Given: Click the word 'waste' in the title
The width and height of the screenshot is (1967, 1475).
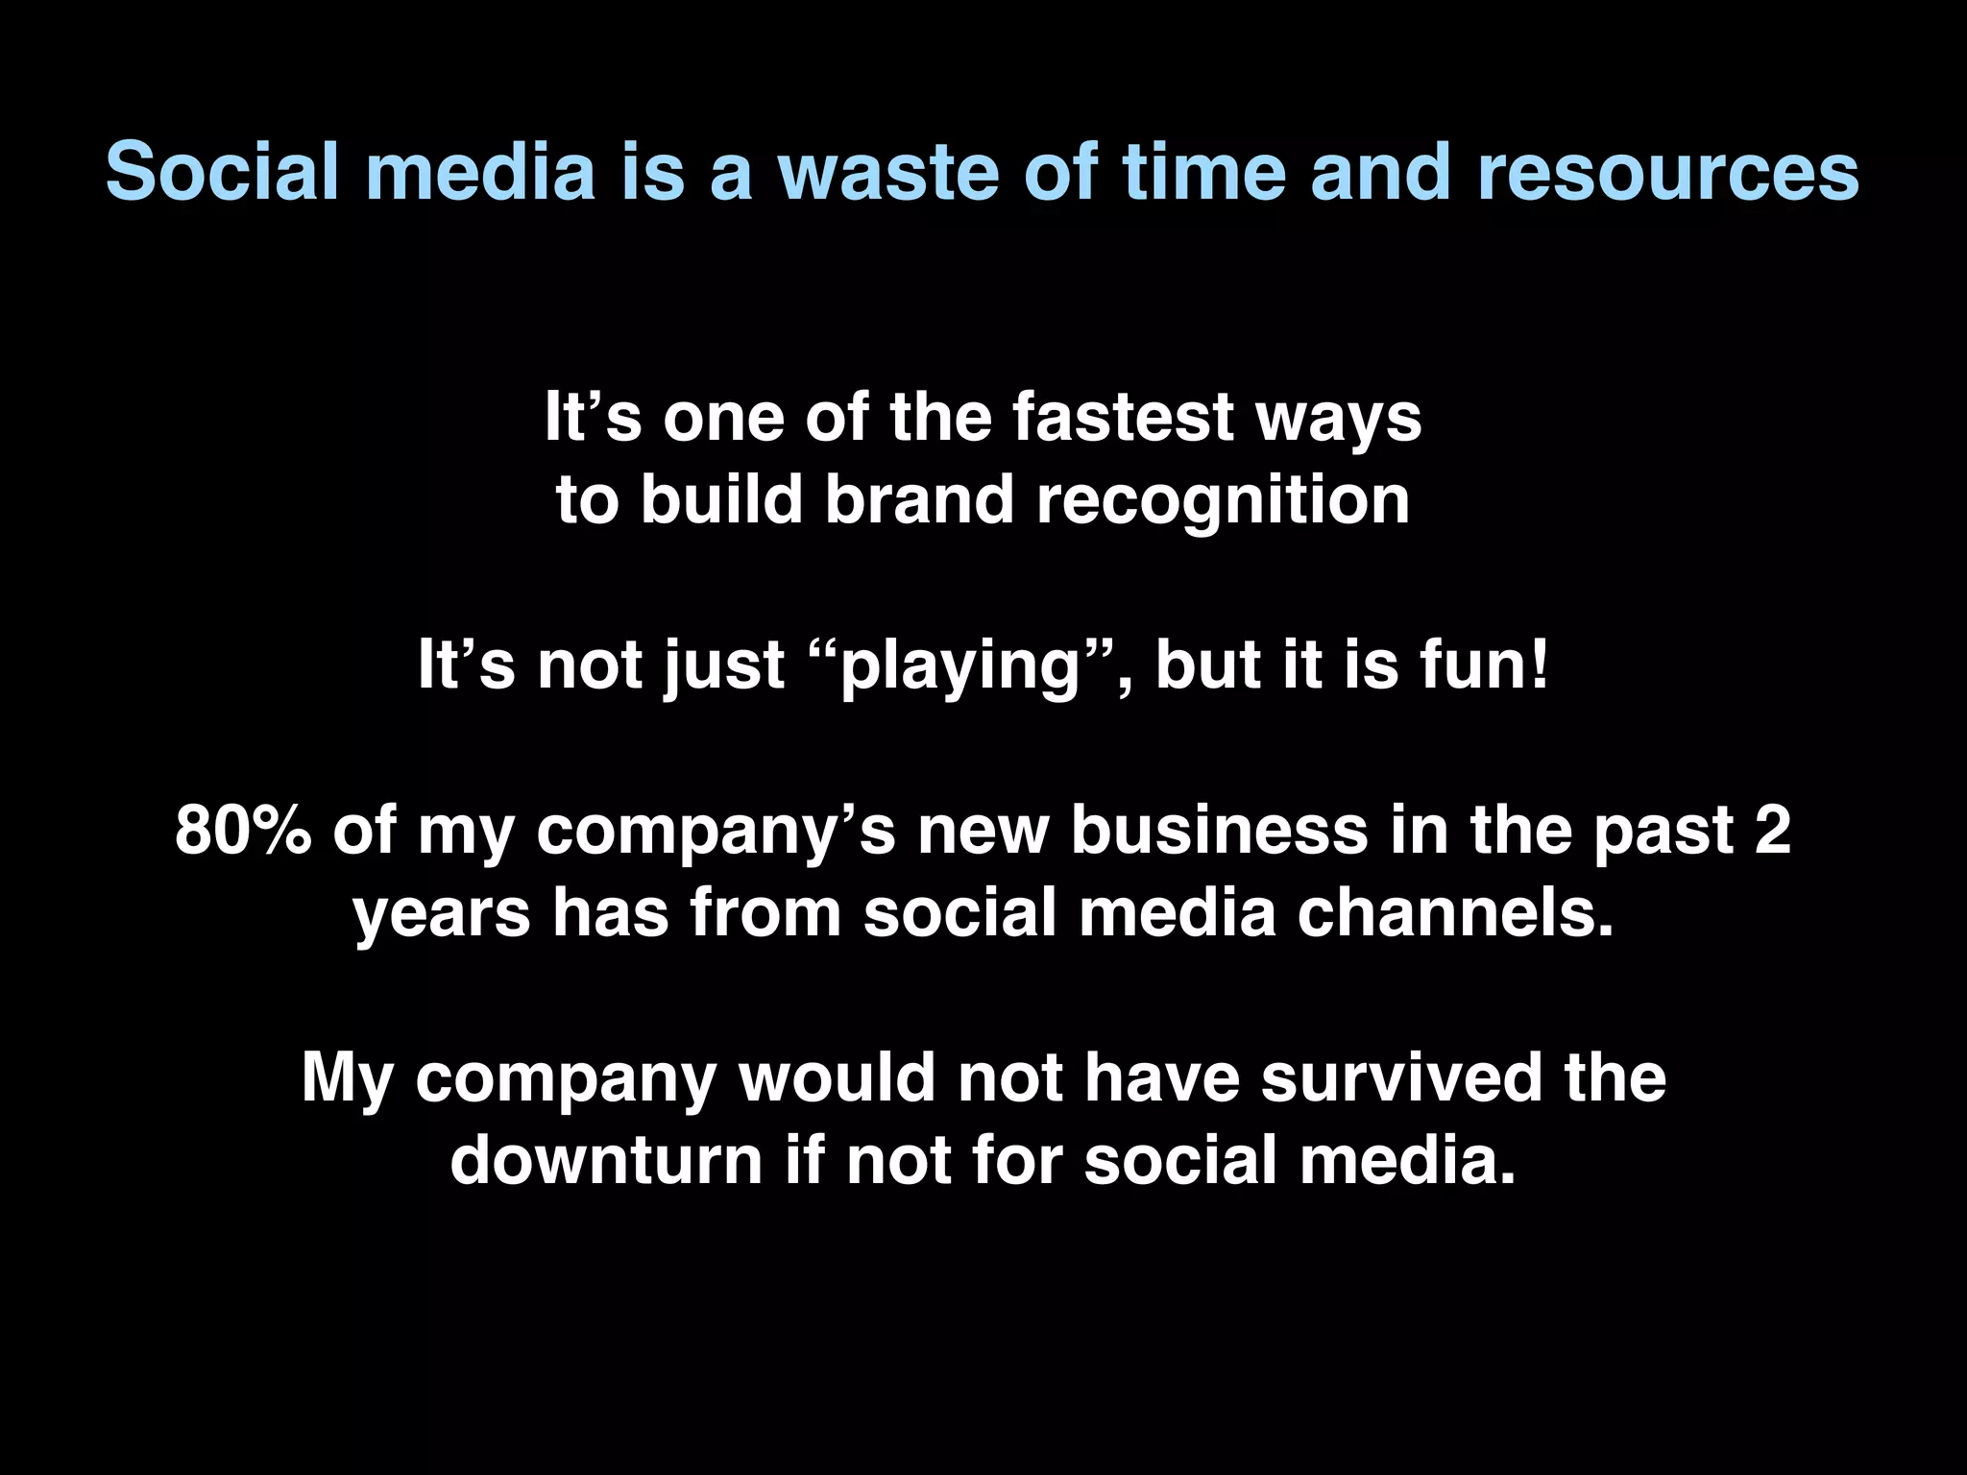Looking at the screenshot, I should (887, 173).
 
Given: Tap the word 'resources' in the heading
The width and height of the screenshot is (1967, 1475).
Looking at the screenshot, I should (1666, 173).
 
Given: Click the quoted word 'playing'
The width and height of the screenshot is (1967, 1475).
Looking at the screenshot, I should (960, 665).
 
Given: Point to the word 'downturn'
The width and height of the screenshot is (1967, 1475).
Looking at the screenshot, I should (606, 1160).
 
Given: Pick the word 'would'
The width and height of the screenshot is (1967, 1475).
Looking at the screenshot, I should (837, 1077).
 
